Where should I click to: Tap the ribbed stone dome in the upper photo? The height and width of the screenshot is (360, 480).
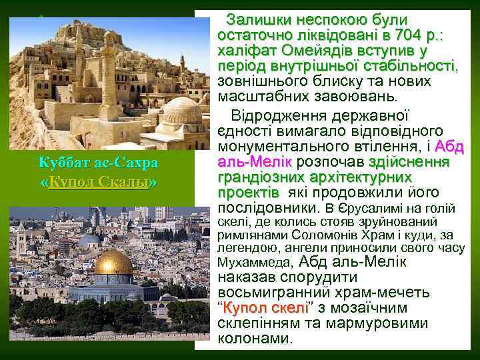[182, 110]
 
